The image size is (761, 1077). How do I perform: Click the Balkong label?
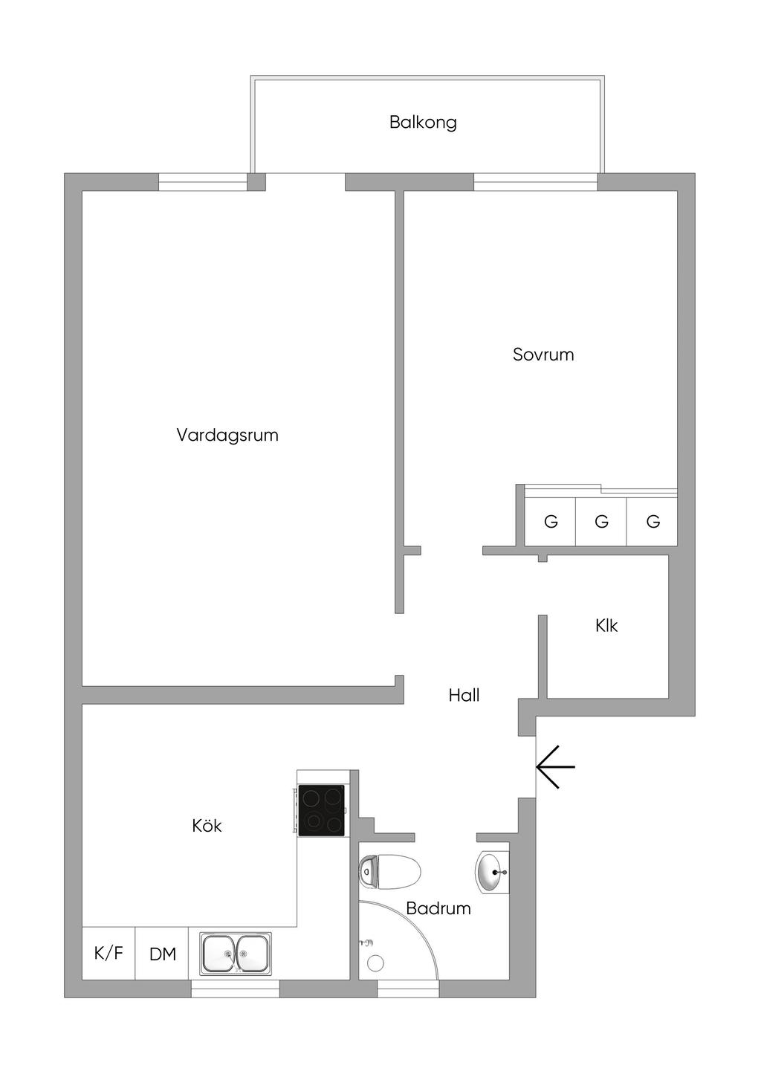tap(423, 122)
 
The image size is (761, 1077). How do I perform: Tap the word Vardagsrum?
tap(227, 435)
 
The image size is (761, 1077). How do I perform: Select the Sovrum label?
tap(543, 355)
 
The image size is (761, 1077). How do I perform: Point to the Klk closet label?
tap(606, 626)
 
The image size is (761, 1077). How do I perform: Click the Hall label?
tap(464, 695)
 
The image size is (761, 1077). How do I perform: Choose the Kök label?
tap(207, 826)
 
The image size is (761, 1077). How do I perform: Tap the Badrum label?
tap(438, 908)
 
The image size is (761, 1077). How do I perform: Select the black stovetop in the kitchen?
tap(321, 810)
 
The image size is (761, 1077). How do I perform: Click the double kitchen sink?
tap(236, 952)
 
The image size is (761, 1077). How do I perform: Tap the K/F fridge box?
tap(109, 953)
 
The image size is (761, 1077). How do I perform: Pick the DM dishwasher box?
tap(162, 954)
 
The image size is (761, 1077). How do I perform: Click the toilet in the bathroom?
tap(390, 871)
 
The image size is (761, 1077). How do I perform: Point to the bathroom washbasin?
tap(491, 871)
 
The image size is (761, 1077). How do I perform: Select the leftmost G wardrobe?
tap(550, 522)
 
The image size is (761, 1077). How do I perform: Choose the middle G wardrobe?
tap(601, 522)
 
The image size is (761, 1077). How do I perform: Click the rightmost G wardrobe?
tap(652, 522)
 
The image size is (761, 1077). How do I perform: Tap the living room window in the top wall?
tap(203, 182)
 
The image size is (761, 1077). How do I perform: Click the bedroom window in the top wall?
tap(535, 182)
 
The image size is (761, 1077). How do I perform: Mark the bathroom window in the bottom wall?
tap(407, 989)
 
